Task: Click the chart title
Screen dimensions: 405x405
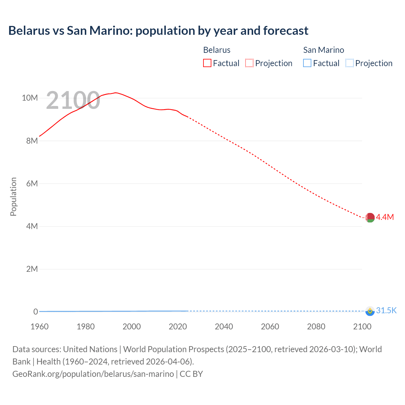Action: [x=158, y=31]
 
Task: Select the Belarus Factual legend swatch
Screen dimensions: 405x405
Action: [x=207, y=63]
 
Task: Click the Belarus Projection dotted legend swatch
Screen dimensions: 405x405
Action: [x=249, y=63]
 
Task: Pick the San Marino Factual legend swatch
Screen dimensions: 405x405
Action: [x=307, y=63]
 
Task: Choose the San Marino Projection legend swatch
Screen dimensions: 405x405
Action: [x=349, y=63]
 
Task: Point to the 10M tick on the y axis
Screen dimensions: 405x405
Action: [x=30, y=98]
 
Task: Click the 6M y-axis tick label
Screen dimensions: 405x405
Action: [x=32, y=184]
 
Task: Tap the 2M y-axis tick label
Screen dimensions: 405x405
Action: [x=32, y=269]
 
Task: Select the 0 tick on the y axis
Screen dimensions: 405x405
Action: [x=35, y=312]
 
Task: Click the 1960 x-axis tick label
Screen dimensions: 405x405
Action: [x=40, y=327]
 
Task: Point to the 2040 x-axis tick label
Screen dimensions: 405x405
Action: [x=224, y=327]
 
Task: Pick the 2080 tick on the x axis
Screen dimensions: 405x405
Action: [x=316, y=327]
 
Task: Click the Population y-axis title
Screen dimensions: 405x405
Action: [x=13, y=196]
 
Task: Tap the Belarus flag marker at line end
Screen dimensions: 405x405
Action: [x=370, y=218]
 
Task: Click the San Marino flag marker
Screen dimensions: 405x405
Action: [x=370, y=311]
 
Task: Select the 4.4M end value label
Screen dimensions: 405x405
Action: [x=385, y=217]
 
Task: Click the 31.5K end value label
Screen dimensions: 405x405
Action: [x=386, y=310]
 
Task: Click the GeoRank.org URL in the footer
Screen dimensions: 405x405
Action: [x=93, y=374]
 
